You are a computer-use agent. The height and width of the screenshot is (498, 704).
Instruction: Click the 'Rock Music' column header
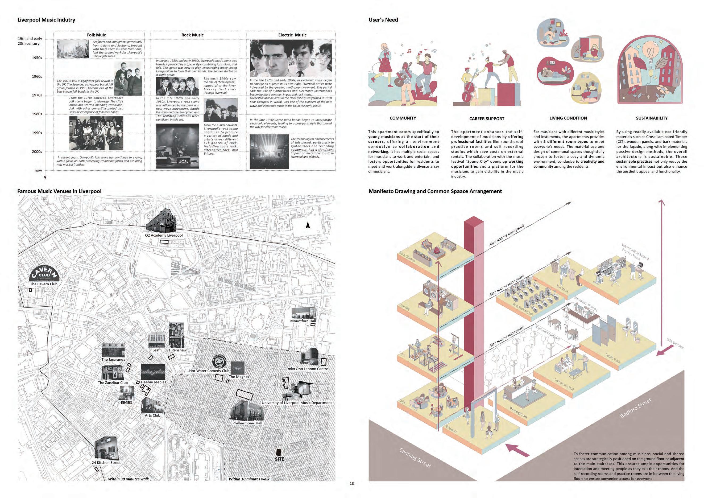192,35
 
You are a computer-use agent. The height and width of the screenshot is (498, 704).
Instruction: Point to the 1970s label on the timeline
37,95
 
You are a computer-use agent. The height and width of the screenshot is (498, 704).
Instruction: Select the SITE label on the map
279,459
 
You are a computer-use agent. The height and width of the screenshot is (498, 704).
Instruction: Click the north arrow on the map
308,225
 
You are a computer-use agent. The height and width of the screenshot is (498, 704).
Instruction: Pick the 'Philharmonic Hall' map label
247,423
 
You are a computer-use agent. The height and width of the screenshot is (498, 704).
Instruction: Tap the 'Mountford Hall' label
303,321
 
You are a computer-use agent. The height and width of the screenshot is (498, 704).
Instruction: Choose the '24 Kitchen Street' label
106,462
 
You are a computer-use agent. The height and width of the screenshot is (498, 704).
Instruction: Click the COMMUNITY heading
403,118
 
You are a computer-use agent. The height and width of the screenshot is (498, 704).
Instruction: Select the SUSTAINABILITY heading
652,118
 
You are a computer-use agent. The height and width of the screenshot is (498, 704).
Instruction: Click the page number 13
352,484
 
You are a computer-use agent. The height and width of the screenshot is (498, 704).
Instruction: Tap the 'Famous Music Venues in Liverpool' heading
59,191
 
